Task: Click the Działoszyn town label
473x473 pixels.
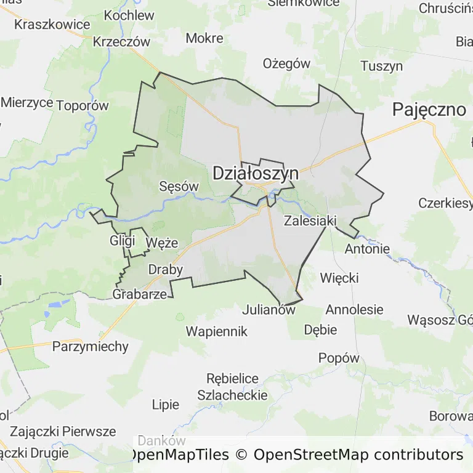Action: coord(256,174)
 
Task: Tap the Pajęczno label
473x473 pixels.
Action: coord(429,110)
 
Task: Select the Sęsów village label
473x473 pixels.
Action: coord(179,186)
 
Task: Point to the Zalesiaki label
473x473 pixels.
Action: coord(309,220)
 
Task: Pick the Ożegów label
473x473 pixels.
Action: coord(286,63)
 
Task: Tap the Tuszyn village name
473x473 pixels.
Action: coord(381,67)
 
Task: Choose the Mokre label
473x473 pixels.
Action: coord(204,38)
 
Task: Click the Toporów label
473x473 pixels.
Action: coord(82,105)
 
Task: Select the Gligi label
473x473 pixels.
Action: coord(122,240)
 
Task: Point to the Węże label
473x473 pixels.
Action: coord(162,243)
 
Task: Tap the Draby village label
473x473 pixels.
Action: coord(166,269)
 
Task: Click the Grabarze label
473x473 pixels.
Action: coord(140,294)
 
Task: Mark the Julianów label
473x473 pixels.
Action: coord(269,310)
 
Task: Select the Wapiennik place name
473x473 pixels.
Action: coord(217,331)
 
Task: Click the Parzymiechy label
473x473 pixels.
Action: coord(91,346)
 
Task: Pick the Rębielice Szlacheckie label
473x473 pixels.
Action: coord(233,387)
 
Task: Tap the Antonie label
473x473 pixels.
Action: coord(367,249)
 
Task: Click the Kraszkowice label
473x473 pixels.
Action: coord(52,25)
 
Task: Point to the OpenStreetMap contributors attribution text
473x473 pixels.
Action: coord(358,455)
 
